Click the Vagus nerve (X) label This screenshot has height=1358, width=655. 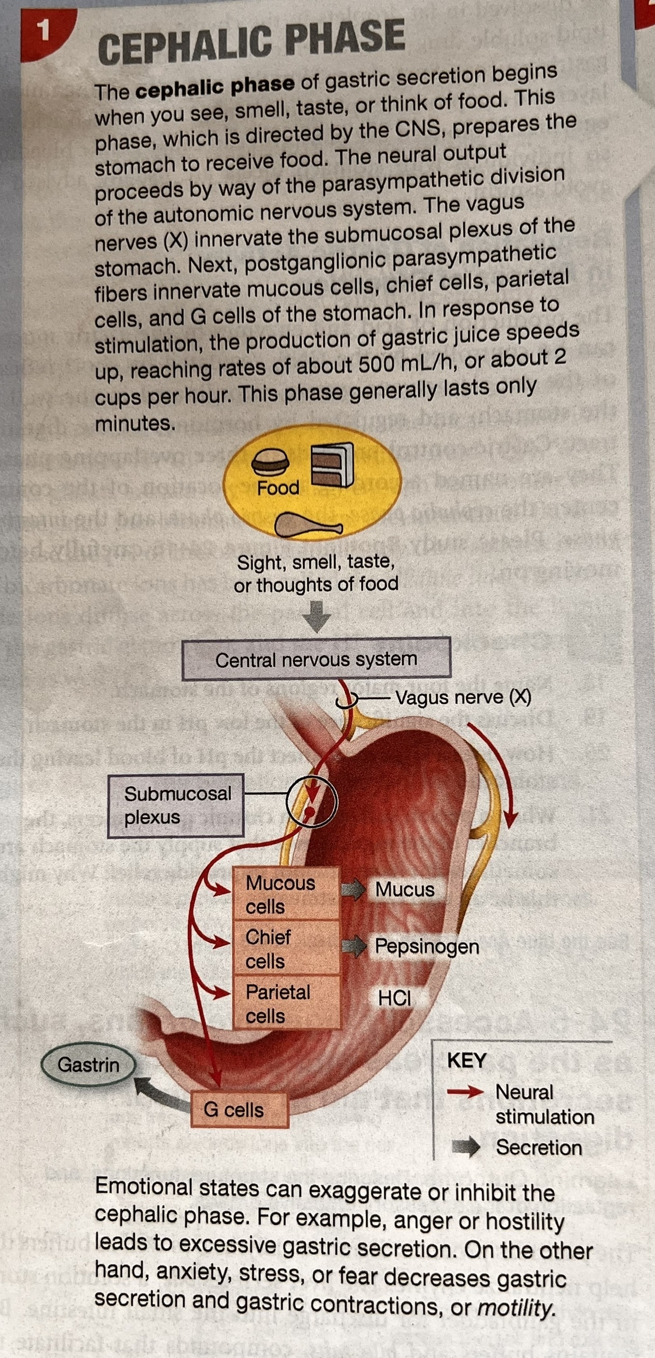point(463,697)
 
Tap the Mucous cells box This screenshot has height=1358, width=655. point(285,894)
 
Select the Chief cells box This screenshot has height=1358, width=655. point(285,948)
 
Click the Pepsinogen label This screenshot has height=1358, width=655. point(427,946)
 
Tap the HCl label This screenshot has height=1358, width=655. point(395,998)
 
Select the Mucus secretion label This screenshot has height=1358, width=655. point(405,889)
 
